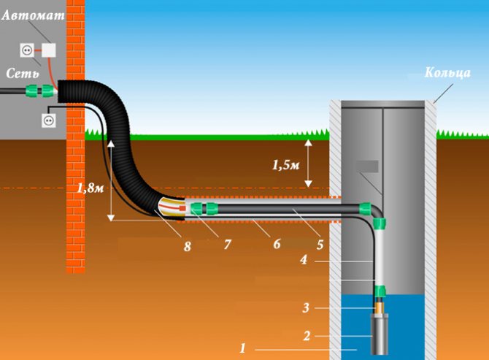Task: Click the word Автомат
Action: tap(33, 15)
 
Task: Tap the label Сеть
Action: tap(23, 73)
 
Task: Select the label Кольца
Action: tap(447, 72)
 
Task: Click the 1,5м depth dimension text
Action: tap(285, 165)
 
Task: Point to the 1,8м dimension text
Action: tap(91, 188)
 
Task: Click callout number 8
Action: tap(187, 246)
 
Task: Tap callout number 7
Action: tap(227, 245)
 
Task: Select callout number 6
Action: tap(277, 244)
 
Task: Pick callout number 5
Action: tap(320, 245)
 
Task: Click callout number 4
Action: tap(304, 259)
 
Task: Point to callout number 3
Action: tap(306, 308)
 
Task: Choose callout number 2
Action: tap(307, 336)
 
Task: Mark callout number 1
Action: tap(242, 348)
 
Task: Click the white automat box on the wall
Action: tap(49, 50)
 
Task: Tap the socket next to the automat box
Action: tap(27, 50)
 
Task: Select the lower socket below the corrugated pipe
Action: tap(49, 120)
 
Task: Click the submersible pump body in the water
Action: tap(380, 334)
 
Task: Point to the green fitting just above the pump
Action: tap(380, 291)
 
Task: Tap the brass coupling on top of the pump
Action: tap(380, 307)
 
